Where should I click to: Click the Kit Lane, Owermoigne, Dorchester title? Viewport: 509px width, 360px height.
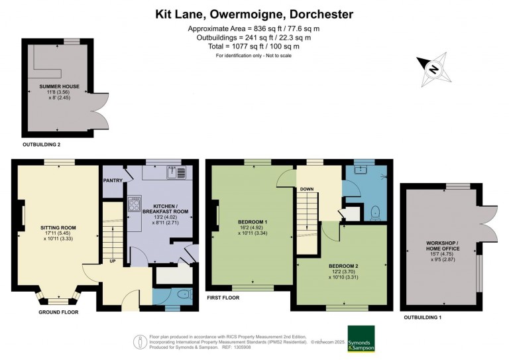(254, 15)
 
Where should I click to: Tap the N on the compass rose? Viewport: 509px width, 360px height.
(433, 69)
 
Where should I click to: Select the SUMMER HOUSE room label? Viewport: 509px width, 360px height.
(60, 86)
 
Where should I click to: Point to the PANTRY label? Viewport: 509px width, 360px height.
(113, 180)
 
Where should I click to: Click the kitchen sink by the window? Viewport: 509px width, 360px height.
(176, 172)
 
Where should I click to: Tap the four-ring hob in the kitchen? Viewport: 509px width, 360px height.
(135, 204)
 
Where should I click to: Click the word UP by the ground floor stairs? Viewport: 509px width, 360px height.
(113, 261)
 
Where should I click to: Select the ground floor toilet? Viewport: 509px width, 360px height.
(184, 294)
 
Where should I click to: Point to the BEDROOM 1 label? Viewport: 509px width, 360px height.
(253, 222)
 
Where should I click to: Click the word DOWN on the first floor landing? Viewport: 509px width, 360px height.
(307, 189)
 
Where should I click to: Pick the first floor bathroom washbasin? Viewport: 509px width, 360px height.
(360, 170)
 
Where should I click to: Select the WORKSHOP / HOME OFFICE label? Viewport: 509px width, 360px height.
(443, 246)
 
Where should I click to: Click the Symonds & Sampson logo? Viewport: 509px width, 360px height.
(361, 339)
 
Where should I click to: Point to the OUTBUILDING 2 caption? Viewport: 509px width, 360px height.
(42, 145)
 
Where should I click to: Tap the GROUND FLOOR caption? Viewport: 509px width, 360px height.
(58, 312)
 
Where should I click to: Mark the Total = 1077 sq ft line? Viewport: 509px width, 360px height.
(254, 46)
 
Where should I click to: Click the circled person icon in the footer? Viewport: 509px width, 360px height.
(141, 342)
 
